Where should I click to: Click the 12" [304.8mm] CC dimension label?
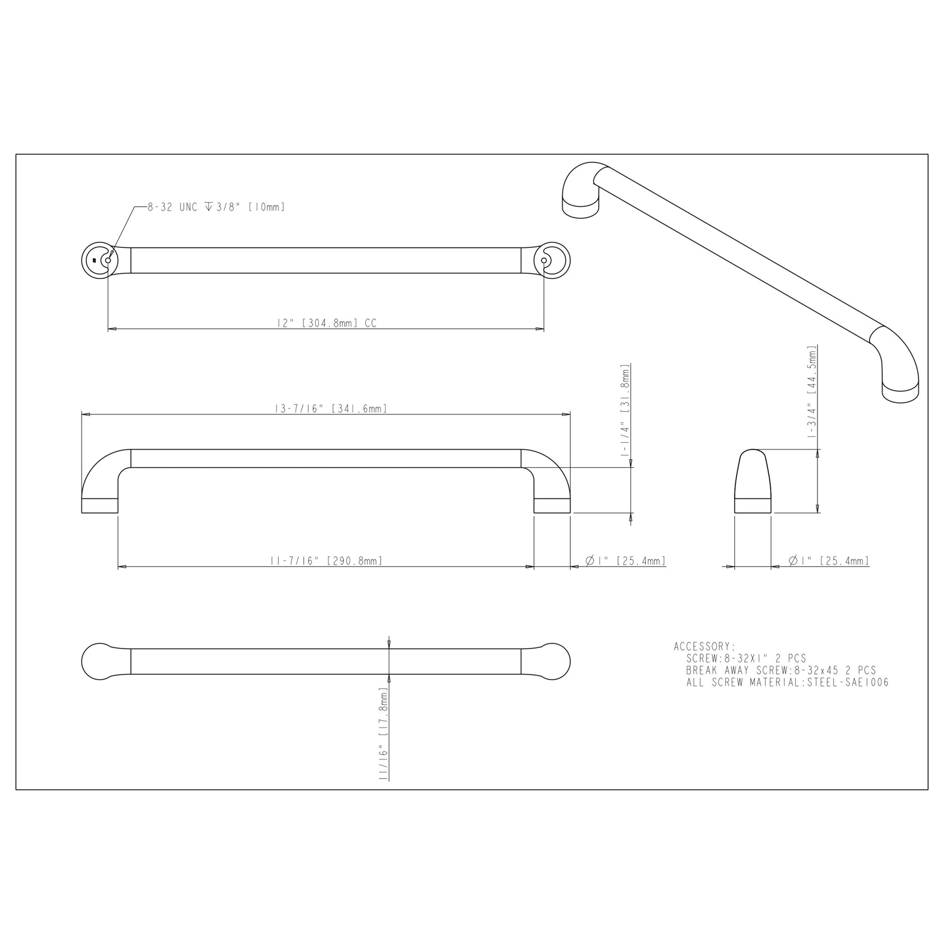coord(326,323)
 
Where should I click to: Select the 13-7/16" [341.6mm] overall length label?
coord(331,408)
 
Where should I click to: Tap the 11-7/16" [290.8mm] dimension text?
coord(326,560)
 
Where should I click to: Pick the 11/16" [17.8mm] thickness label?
coord(384,733)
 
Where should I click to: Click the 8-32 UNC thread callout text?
coord(216,207)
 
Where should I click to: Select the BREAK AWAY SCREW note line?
coord(781,670)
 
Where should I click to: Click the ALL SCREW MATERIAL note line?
coord(787,683)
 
